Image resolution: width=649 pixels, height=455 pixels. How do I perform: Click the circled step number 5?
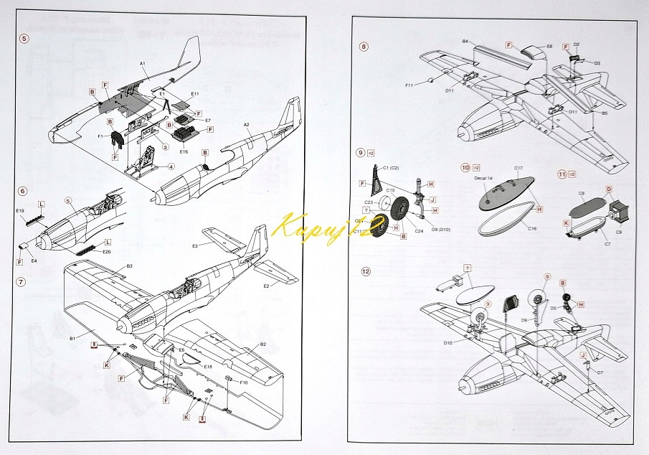(x=24, y=38)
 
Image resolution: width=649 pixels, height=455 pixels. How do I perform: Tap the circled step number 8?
(x=364, y=47)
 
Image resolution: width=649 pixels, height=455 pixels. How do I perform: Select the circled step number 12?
(x=366, y=271)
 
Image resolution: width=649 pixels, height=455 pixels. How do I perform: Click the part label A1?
(x=143, y=64)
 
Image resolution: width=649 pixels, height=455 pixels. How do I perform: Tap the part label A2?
(x=246, y=124)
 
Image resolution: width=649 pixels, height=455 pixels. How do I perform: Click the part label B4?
(x=465, y=42)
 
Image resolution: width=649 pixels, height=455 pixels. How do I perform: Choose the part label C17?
(x=518, y=168)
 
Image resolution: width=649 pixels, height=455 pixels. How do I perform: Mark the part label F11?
(x=408, y=85)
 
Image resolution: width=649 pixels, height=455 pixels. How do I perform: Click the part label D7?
(x=600, y=373)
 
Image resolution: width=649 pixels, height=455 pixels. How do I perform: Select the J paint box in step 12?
(x=583, y=355)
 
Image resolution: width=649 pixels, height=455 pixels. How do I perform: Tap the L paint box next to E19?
(x=42, y=205)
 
